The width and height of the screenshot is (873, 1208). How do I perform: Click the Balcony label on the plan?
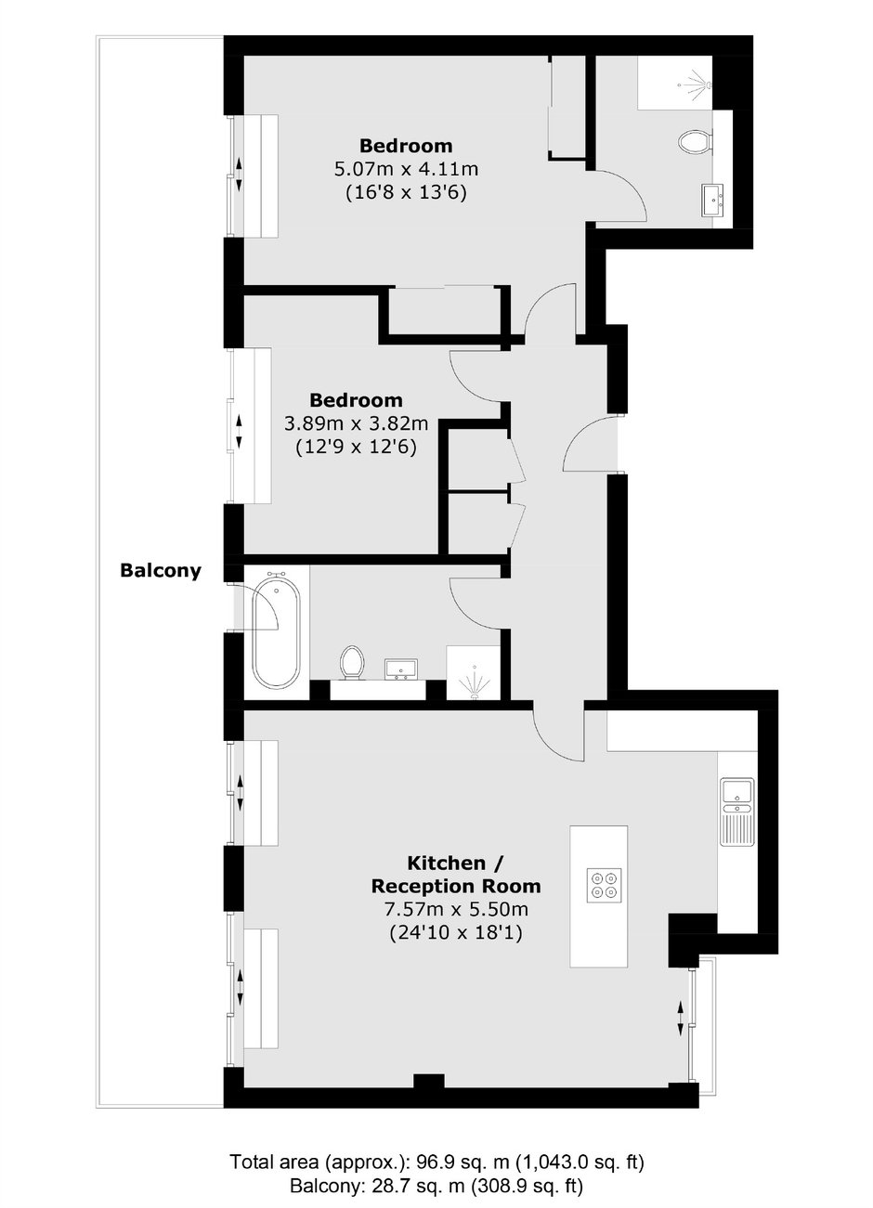pyautogui.click(x=161, y=570)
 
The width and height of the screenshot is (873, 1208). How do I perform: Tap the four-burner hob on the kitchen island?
pyautogui.click(x=604, y=886)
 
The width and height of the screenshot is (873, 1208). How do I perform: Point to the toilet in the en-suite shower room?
pyautogui.click(x=695, y=142)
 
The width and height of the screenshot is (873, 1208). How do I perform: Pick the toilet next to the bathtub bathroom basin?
pyautogui.click(x=352, y=662)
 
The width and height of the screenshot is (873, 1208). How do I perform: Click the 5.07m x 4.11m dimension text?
pyautogui.click(x=406, y=169)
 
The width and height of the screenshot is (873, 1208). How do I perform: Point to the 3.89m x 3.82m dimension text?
pyautogui.click(x=356, y=424)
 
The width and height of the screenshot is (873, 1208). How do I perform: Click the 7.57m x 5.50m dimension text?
pyautogui.click(x=456, y=910)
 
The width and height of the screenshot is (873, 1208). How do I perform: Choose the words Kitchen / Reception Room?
pyautogui.click(x=456, y=874)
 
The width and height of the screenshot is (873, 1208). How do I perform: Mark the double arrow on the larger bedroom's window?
pyautogui.click(x=239, y=175)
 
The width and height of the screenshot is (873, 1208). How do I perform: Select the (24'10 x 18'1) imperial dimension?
pyautogui.click(x=456, y=933)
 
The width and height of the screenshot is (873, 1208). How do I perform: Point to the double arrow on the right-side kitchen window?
pyautogui.click(x=680, y=1019)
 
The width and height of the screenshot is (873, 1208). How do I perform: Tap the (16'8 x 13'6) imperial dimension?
pyautogui.click(x=406, y=192)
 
